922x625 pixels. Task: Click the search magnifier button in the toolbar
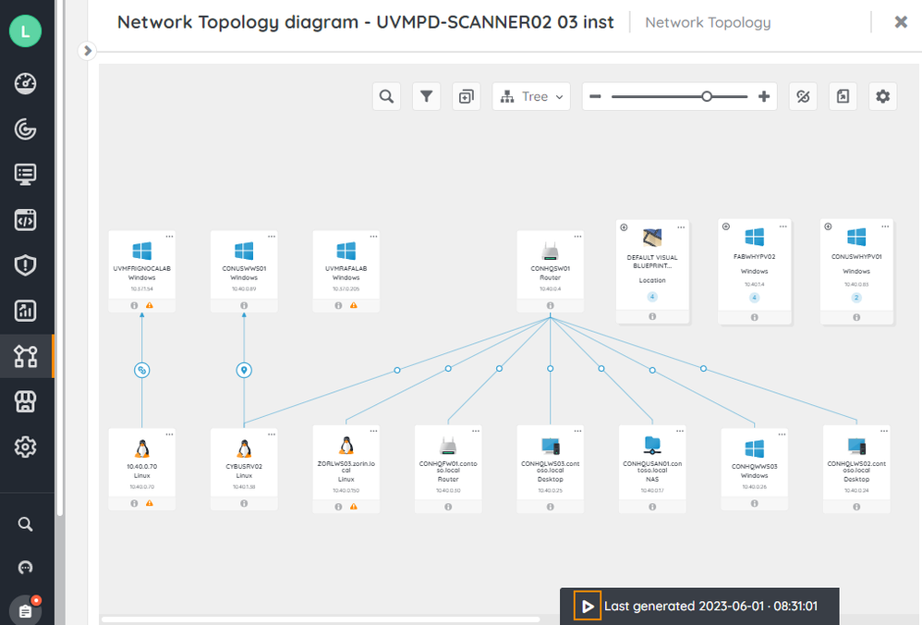[386, 96]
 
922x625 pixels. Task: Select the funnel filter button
[426, 96]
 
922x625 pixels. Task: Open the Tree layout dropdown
[531, 96]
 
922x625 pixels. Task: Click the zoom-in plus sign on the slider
[764, 96]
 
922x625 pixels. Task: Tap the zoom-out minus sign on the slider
[596, 96]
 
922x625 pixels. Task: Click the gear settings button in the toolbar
[883, 96]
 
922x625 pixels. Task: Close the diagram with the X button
[901, 22]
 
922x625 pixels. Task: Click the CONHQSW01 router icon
[550, 251]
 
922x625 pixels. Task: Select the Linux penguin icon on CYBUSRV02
[244, 448]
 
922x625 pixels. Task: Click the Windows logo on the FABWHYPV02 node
[755, 239]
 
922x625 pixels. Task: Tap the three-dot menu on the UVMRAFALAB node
[373, 237]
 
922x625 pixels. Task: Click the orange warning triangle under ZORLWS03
[353, 505]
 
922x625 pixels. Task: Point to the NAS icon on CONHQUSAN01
[651, 446]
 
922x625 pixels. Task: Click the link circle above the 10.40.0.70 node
[142, 370]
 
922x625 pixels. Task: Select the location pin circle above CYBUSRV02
[244, 370]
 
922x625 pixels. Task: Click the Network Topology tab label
[708, 22]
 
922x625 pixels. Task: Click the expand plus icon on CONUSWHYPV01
[828, 227]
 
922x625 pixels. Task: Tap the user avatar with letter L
[25, 31]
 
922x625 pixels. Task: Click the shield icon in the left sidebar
[25, 266]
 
